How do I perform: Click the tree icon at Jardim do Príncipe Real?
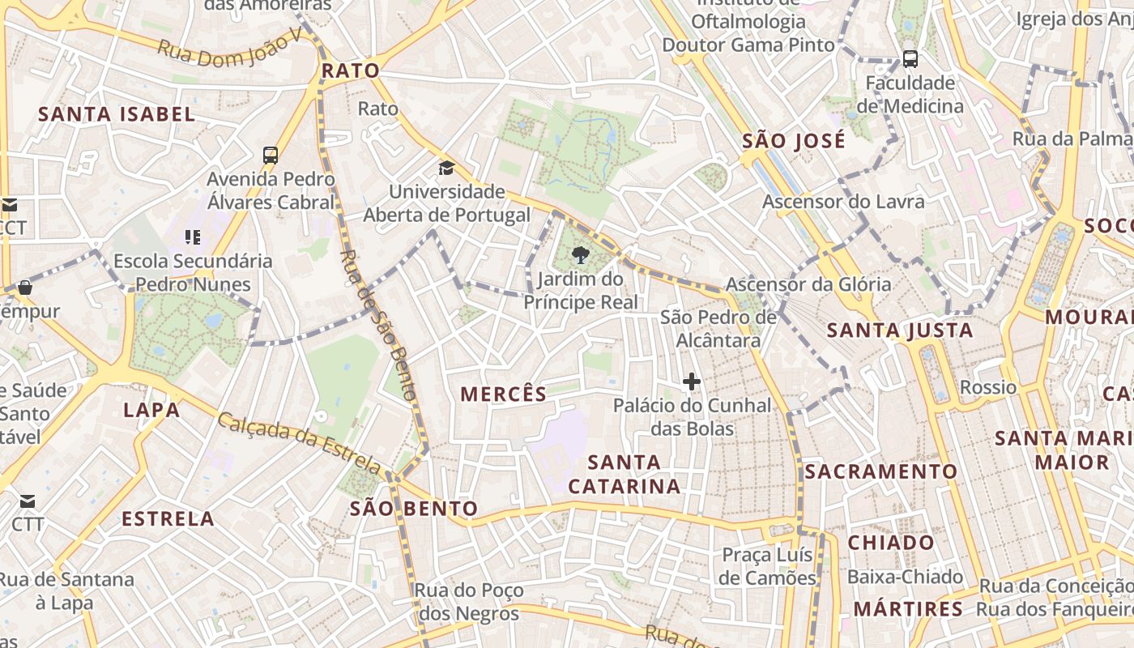pos(580,256)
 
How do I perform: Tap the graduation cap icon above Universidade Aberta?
pos(446,168)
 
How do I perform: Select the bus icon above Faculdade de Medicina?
pos(910,58)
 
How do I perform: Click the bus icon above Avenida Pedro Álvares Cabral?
pos(271,156)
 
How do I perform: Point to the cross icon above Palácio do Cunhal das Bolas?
pos(692,381)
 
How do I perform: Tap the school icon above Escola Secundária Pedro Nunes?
pos(193,237)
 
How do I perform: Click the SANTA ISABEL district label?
pos(117,114)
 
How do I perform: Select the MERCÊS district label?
pos(504,394)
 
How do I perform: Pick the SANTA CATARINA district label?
pos(624,474)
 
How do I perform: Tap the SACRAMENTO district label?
pos(881,471)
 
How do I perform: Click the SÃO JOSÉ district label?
pos(794,141)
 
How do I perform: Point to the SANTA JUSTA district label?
pos(900,330)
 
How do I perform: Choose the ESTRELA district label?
pos(168,518)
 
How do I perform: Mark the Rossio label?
pos(987,387)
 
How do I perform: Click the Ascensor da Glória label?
pos(808,284)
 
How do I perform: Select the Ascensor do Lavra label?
pos(843,201)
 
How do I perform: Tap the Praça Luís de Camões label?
pos(768,567)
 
